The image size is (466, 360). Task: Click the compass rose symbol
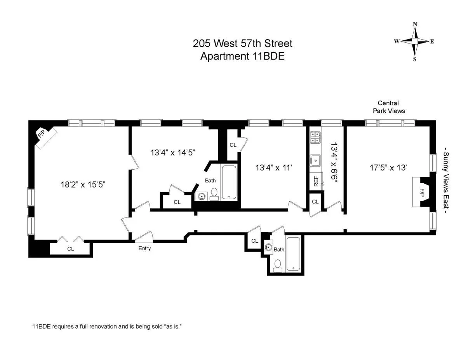[415, 41]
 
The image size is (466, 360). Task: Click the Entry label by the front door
[144, 249]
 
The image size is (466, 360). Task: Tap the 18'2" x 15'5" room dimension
[83, 184]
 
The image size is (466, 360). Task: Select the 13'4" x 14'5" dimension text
[172, 152]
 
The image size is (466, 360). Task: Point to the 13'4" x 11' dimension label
[273, 168]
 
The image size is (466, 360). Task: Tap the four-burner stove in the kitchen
[315, 137]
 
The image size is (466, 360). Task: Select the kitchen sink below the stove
[315, 159]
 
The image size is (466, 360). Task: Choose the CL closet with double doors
[70, 249]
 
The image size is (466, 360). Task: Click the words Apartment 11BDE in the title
[242, 56]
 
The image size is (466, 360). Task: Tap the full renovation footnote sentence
[107, 327]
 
